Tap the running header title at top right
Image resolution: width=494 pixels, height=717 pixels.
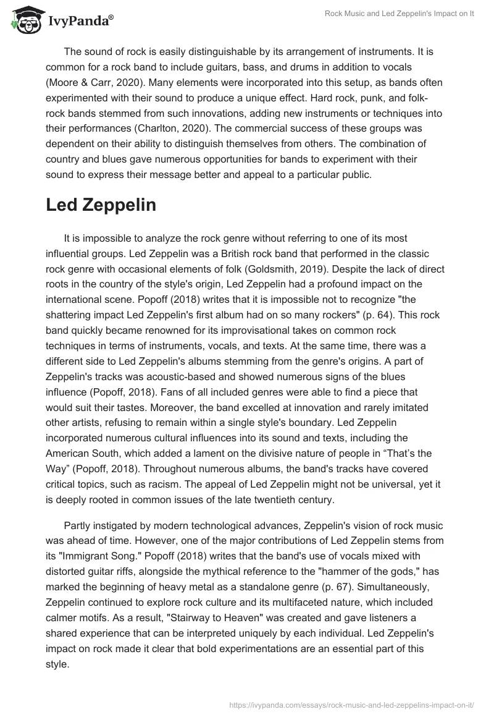point(400,14)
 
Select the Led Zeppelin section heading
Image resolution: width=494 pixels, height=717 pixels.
point(101,206)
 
